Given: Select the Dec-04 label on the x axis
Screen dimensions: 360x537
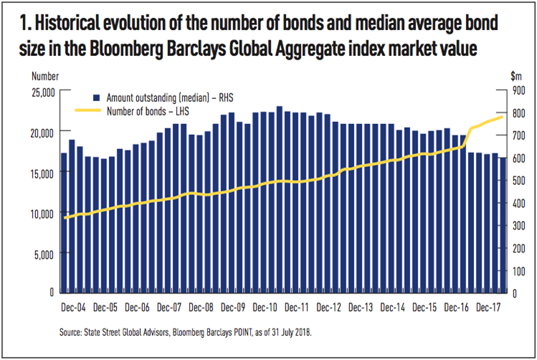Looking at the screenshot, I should pyautogui.click(x=74, y=306).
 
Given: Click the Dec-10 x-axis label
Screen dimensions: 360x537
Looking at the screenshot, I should pyautogui.click(x=265, y=306).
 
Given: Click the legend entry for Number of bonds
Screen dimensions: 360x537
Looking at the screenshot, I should pyautogui.click(x=143, y=110).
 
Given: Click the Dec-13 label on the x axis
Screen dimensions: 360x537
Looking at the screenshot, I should pyautogui.click(x=359, y=306).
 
